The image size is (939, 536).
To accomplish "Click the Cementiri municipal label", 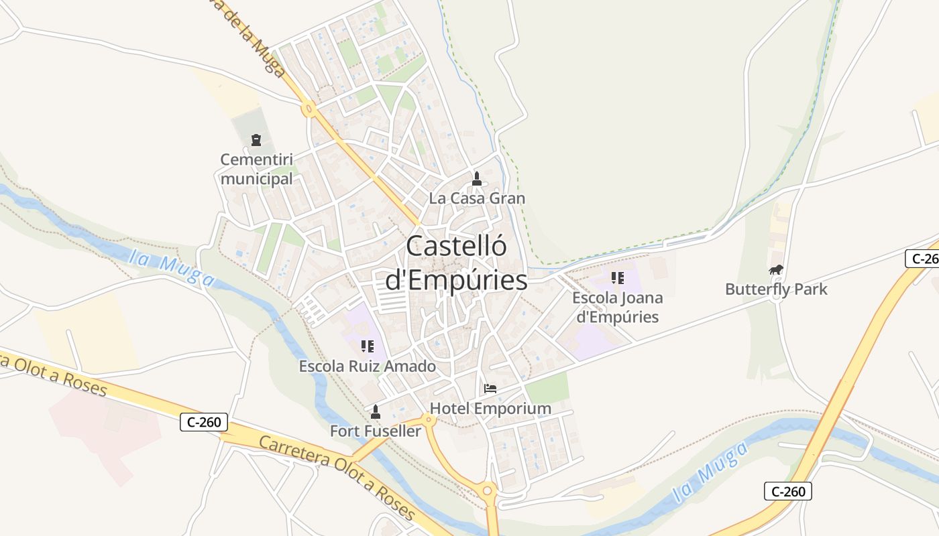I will [257, 170].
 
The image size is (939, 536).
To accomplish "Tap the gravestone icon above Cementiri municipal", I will [256, 140].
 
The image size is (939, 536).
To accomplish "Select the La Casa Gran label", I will [477, 198].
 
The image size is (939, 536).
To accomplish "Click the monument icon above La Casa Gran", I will [477, 179].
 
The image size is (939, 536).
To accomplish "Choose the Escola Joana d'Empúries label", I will [618, 307].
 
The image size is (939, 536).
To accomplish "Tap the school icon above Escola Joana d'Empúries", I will [618, 278].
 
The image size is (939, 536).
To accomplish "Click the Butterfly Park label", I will [776, 289].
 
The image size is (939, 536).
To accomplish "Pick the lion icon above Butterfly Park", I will [776, 270].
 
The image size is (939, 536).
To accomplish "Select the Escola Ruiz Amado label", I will [368, 366].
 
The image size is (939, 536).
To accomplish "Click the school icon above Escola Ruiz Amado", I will [368, 346].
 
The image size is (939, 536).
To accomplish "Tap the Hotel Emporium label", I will [490, 408].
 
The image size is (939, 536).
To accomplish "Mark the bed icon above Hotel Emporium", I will [490, 389].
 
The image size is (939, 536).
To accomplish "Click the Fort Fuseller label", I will [376, 431].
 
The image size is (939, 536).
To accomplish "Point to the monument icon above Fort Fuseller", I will [376, 411].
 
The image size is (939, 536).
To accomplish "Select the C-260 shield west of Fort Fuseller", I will [204, 423].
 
